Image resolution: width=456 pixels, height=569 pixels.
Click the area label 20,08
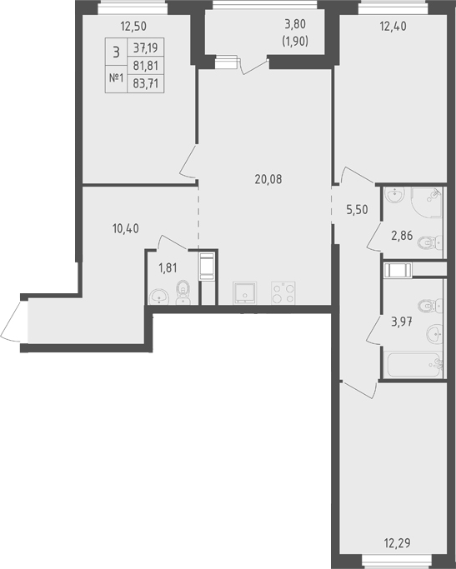pos(268,179)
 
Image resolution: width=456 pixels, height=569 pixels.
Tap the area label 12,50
pos(133,26)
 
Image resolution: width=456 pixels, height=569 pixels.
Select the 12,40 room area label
pos(393,26)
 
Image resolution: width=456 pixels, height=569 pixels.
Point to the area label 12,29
pos(397,543)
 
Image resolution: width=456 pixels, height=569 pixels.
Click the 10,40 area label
pos(126,228)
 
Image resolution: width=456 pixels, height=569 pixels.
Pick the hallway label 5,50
pos(358,210)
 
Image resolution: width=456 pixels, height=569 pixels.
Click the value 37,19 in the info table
pos(146,47)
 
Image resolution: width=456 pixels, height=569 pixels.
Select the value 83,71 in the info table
pos(146,84)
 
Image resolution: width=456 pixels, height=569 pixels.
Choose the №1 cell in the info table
pos(117,77)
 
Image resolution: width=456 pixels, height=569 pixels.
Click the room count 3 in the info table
pos(116,52)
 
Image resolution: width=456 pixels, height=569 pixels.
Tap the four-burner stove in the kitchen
pos(283,293)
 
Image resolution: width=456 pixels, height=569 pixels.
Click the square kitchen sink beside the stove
pos(245,293)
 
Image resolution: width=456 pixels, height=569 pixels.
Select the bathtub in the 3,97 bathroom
pos(414,365)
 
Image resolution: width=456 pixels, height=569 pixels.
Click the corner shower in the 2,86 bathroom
pos(427,202)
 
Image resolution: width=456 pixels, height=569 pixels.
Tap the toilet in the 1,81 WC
pos(183,292)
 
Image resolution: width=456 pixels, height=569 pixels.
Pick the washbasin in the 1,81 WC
pos(159,297)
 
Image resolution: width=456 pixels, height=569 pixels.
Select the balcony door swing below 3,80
pos(254,67)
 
